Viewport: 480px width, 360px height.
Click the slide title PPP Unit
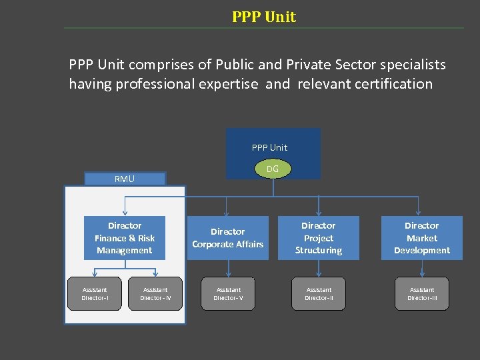coord(264,17)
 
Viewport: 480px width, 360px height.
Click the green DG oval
coord(273,169)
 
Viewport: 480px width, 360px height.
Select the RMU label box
coord(124,179)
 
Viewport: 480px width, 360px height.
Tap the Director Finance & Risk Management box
coord(125,238)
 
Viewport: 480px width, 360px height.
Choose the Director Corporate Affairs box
coord(228,238)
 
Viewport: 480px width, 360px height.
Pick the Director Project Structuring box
coord(319,238)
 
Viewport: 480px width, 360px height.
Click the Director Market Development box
coord(422,238)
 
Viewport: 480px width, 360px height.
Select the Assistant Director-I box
coord(95,293)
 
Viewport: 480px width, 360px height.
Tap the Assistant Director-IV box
coord(155,293)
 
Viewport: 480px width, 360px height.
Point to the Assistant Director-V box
coord(228,293)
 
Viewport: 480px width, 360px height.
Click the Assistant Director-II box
coord(319,293)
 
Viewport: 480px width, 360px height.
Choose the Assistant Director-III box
coord(422,293)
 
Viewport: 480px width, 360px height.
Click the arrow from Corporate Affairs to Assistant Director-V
coord(229,268)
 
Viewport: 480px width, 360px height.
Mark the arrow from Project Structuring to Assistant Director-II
coord(319,268)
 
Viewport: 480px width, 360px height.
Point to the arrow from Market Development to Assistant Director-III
coord(422,268)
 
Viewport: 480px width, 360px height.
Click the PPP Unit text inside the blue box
coord(269,147)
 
